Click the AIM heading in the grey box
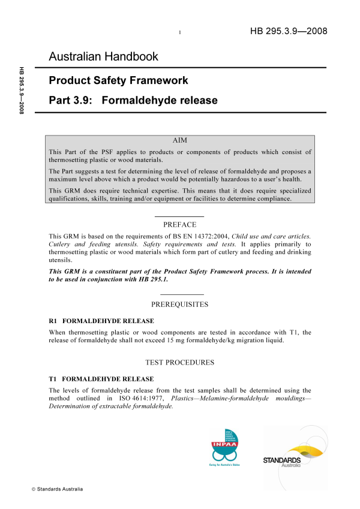click(179, 140)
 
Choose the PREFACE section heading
click(179, 224)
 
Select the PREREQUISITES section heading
click(179, 305)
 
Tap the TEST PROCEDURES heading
click(179, 363)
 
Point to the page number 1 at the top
click(180, 32)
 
